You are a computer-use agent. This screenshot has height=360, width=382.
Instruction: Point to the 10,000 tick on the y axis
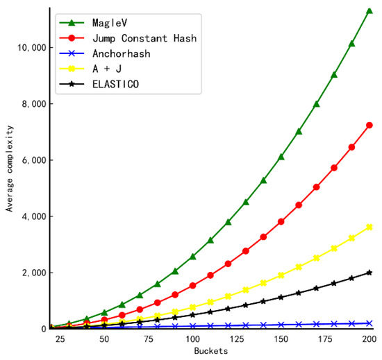[x=29, y=47]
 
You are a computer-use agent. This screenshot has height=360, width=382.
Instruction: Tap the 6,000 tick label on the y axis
[x=31, y=160]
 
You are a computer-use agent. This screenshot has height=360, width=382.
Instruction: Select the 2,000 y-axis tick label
[x=31, y=273]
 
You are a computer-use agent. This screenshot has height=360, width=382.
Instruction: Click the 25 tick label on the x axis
[x=59, y=339]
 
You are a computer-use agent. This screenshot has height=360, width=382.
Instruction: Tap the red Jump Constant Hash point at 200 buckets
[x=369, y=125]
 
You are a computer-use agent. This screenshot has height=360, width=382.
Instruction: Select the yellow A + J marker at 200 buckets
[x=369, y=227]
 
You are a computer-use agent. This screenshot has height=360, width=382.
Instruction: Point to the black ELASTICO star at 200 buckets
[x=369, y=273]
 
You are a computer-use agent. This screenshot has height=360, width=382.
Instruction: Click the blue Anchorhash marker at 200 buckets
[x=369, y=323]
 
